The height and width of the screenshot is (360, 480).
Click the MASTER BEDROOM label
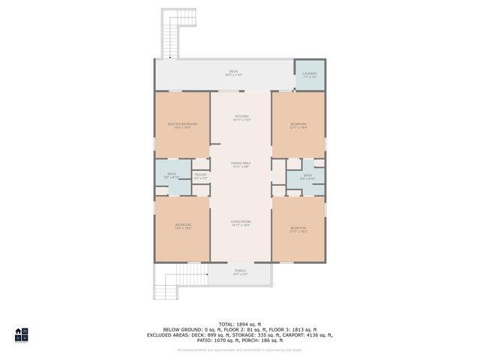tap(182, 124)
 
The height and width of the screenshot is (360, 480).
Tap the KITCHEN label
tap(241, 116)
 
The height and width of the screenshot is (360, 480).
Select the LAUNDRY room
tap(309, 75)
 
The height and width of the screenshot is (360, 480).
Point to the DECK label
tap(223, 72)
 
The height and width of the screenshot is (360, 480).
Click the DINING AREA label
tap(241, 163)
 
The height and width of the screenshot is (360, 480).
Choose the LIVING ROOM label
tap(241, 221)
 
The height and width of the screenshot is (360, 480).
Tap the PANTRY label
tap(200, 175)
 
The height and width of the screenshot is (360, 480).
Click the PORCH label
tap(241, 271)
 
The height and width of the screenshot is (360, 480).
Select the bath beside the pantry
tap(172, 175)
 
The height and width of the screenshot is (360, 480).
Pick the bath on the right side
tap(307, 176)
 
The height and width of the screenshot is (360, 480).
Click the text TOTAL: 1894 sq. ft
tap(241, 322)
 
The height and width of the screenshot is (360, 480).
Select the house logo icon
tap(22, 334)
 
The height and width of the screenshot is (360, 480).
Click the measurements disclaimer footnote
tap(240, 349)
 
